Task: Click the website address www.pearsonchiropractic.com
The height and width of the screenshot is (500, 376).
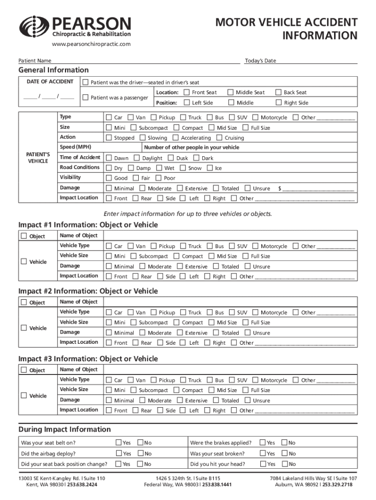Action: (x=91, y=44)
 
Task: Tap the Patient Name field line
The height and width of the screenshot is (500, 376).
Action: (x=146, y=61)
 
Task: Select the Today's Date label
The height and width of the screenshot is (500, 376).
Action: (x=260, y=61)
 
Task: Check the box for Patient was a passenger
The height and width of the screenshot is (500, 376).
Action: (x=86, y=97)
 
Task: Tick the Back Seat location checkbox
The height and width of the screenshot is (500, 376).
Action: (x=279, y=92)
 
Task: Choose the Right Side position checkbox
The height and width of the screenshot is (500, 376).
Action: (x=279, y=103)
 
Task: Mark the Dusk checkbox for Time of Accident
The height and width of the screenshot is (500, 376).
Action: (x=171, y=158)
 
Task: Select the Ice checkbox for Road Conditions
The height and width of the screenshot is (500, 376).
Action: (x=210, y=168)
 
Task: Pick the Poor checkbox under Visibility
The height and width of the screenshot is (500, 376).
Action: (x=159, y=178)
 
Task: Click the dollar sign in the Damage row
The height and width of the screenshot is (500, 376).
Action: (x=279, y=188)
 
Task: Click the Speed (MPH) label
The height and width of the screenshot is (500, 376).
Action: (x=75, y=147)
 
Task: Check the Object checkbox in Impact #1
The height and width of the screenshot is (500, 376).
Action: (x=24, y=236)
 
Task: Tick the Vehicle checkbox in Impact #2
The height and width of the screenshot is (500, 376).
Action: (x=24, y=328)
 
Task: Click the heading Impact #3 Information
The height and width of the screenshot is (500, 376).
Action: (x=88, y=359)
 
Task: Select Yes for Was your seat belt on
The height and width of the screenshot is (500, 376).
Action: (x=118, y=442)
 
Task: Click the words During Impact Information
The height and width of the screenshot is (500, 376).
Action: (x=64, y=429)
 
